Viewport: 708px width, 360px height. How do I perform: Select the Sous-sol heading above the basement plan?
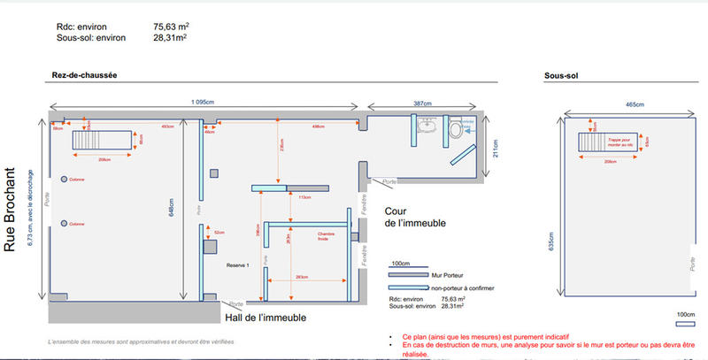(x=561, y=78)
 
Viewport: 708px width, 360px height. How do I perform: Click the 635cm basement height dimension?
(x=550, y=241)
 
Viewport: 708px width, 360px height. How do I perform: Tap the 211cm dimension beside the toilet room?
(x=496, y=149)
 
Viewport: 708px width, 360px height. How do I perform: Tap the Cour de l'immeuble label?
(x=412, y=218)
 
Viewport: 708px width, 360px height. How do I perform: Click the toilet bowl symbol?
(x=456, y=130)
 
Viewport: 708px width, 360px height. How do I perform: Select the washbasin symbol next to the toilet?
(x=431, y=125)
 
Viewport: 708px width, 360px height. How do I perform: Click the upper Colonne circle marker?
(x=64, y=180)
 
